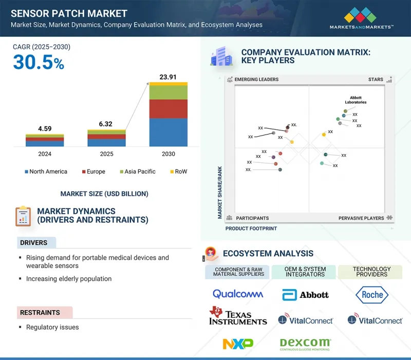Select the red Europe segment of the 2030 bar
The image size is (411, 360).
click(x=168, y=108)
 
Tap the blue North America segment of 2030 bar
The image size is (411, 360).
click(x=168, y=132)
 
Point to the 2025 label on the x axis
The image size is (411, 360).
click(x=106, y=154)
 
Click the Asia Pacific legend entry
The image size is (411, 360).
click(x=140, y=172)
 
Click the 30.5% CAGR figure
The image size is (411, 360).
click(x=39, y=62)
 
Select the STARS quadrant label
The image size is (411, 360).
click(x=376, y=80)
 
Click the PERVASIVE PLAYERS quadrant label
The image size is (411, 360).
click(x=361, y=218)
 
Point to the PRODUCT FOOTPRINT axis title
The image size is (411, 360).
click(x=251, y=229)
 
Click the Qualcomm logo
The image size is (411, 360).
click(x=238, y=294)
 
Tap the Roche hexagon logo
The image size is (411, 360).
click(x=372, y=294)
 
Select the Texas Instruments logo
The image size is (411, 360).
click(x=238, y=316)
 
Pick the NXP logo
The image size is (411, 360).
click(x=238, y=343)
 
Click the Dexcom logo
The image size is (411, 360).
click(x=306, y=343)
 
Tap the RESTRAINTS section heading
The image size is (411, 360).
click(x=40, y=312)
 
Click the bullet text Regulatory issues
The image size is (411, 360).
click(x=52, y=327)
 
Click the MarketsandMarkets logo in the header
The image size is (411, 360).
click(x=362, y=17)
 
